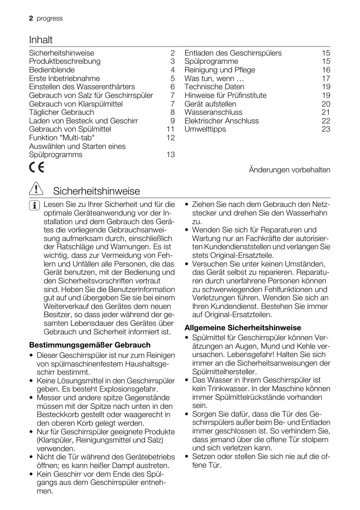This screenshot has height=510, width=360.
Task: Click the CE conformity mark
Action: [37, 169]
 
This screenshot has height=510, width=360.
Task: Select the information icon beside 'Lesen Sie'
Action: [35, 205]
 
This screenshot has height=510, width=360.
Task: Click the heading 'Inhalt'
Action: [41, 40]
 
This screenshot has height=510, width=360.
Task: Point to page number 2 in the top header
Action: [31, 19]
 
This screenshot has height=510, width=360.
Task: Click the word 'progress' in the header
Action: [49, 19]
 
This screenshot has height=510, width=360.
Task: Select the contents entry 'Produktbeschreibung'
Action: [65, 61]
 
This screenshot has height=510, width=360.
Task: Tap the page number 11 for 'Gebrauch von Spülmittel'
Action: [170, 129]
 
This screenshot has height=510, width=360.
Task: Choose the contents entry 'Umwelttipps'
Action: [205, 129]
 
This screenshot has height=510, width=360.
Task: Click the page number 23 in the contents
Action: [326, 129]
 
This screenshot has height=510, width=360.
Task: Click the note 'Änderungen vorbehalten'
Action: [290, 170]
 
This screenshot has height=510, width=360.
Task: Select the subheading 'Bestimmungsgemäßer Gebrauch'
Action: [90, 345]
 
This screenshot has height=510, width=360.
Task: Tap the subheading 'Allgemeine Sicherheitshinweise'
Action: [243, 328]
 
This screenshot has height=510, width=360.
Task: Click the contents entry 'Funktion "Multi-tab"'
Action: [62, 138]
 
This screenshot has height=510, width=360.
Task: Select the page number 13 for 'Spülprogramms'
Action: [170, 155]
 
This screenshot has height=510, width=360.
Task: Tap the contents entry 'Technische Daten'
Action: [214, 87]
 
